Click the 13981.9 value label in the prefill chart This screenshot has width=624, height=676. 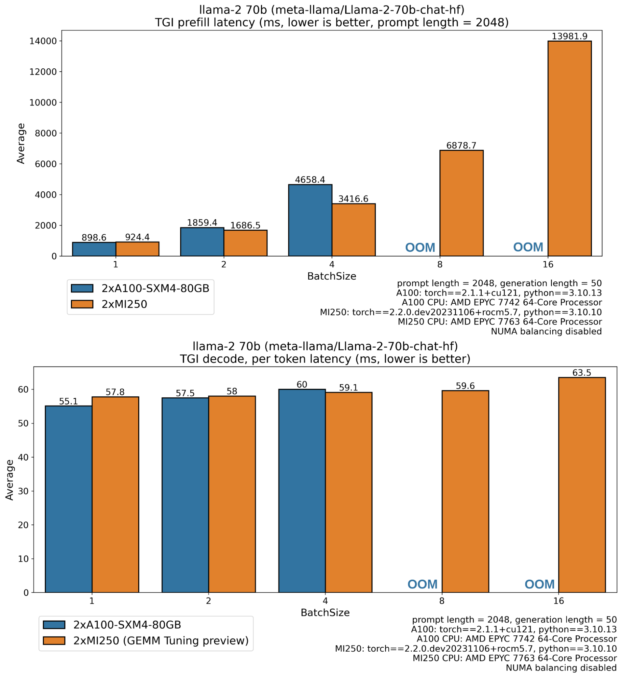tap(569, 36)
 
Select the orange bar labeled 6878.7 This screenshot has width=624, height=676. tap(461, 203)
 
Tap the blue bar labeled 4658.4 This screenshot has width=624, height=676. tap(310, 220)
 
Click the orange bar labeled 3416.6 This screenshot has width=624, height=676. tap(353, 230)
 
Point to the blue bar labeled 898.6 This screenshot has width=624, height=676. tap(94, 249)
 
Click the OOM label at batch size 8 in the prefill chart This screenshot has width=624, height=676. tap(420, 248)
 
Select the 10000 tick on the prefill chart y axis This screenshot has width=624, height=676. tap(43, 102)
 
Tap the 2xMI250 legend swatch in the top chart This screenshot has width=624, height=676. tap(82, 304)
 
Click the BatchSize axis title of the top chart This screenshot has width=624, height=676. tap(332, 276)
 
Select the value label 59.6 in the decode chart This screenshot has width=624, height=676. tap(465, 386)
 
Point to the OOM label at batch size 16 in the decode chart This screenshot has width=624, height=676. tap(539, 584)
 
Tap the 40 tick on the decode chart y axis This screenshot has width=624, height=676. tap(23, 457)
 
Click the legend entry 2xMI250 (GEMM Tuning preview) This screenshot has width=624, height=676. tap(161, 641)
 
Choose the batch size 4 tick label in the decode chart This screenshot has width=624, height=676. tap(325, 601)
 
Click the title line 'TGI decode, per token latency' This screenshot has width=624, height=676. tap(325, 359)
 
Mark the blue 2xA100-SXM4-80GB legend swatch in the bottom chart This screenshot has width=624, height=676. tap(54, 625)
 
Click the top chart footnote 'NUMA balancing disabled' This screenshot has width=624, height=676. tap(546, 331)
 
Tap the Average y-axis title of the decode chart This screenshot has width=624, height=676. tap(10, 480)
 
